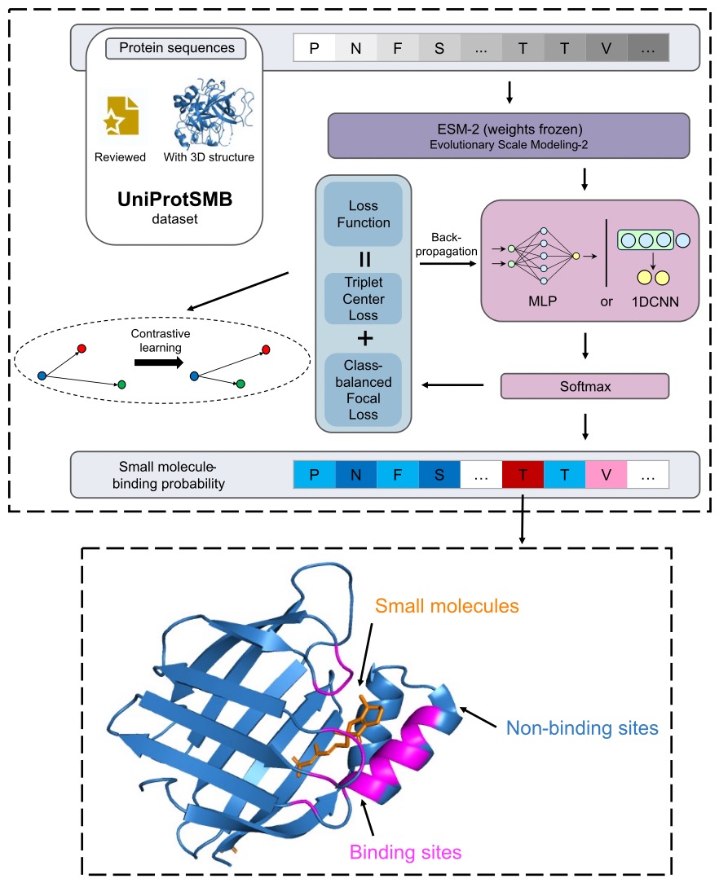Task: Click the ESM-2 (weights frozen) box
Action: coord(508,134)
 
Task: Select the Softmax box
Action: coord(586,386)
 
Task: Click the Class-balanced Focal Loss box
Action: coord(362,389)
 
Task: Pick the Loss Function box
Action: coord(362,213)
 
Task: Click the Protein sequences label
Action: coord(176,48)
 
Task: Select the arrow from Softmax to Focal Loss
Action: coord(457,386)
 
